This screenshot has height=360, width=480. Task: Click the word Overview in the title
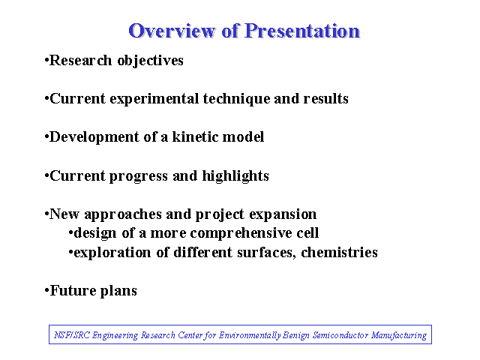(x=172, y=31)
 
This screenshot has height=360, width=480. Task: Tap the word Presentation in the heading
(x=302, y=31)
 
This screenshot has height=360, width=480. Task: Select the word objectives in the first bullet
(x=150, y=61)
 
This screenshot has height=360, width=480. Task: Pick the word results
(x=325, y=98)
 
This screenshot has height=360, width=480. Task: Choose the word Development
(x=94, y=137)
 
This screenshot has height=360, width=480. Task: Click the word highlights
(x=235, y=176)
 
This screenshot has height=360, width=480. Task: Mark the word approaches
(x=123, y=214)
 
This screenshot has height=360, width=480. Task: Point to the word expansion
(x=283, y=214)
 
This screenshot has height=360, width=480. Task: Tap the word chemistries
(x=339, y=252)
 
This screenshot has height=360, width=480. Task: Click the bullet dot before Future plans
(x=46, y=290)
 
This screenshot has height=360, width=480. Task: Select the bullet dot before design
(x=70, y=233)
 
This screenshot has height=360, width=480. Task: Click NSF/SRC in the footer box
(x=72, y=335)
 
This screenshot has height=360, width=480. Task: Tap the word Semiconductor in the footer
(x=340, y=335)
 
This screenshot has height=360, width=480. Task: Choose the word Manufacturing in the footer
(x=399, y=335)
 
